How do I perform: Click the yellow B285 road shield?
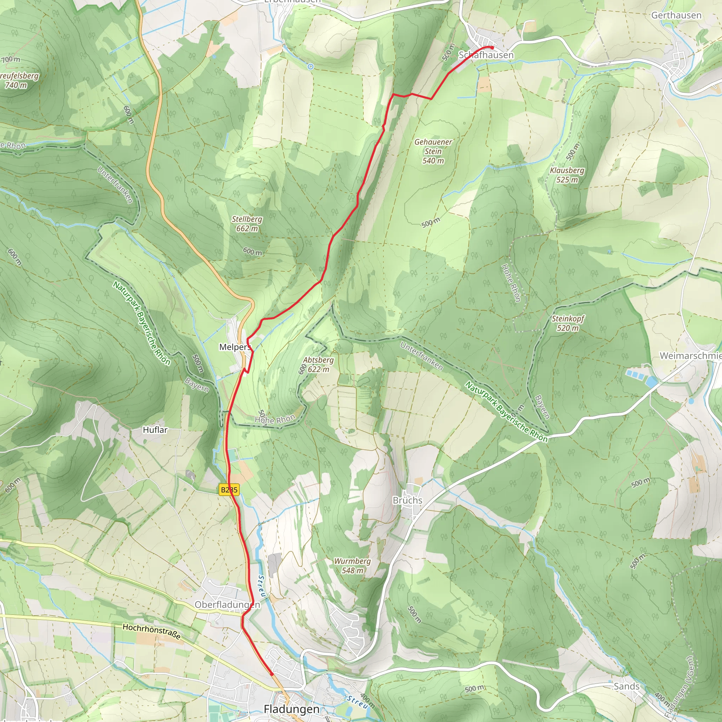(229, 490)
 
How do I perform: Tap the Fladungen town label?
(292, 709)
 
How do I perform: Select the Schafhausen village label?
(486, 55)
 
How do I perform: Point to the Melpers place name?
(235, 347)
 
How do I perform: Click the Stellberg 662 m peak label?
(247, 224)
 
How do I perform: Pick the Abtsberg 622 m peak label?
(318, 365)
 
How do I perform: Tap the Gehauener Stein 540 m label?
(433, 151)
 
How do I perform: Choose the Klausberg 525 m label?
(567, 175)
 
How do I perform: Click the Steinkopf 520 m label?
(568, 323)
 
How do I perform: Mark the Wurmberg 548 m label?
(353, 565)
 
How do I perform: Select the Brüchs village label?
(407, 500)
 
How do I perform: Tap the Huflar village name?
(155, 430)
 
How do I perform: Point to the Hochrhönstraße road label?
(152, 631)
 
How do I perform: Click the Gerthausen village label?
(676, 15)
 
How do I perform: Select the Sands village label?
(626, 686)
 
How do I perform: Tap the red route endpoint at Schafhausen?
(492, 48)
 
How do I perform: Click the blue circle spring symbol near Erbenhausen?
(311, 67)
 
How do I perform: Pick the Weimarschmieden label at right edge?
(691, 355)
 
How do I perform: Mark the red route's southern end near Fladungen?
(272, 674)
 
